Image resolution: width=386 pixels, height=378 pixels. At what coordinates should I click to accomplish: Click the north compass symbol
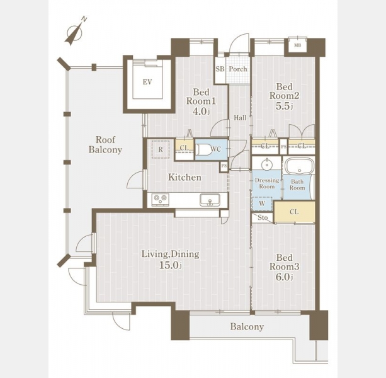[76, 32]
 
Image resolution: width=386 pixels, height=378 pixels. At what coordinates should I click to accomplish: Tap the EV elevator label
[147, 82]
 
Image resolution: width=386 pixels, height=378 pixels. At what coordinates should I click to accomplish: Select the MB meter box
[298, 45]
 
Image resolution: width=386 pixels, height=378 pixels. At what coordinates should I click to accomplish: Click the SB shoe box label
[220, 69]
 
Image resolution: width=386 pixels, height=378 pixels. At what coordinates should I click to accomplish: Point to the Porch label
[238, 69]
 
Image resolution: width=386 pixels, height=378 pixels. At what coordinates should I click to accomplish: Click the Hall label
[240, 118]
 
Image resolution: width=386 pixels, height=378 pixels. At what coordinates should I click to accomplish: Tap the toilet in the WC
[203, 149]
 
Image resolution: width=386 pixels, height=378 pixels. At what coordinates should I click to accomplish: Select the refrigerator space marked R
[161, 149]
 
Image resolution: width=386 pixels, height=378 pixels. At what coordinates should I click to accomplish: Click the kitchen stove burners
[161, 200]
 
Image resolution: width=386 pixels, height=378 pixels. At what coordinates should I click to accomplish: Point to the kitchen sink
[210, 200]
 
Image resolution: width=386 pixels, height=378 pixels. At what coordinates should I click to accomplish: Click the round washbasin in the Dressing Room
[266, 164]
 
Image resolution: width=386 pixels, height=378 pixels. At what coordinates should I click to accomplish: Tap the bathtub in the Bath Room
[299, 166]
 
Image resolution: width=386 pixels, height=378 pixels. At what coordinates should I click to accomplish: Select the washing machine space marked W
[262, 203]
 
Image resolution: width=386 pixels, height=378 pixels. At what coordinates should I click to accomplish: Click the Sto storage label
[263, 218]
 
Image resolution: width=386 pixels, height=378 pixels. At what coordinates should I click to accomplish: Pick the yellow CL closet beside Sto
[295, 212]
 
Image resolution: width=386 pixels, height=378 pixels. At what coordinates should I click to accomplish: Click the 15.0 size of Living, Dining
[171, 265]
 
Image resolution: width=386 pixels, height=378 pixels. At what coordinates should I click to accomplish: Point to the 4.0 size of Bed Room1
[201, 112]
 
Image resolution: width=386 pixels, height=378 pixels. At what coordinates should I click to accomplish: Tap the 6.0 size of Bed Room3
[285, 277]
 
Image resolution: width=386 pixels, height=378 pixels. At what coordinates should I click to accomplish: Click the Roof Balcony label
[105, 145]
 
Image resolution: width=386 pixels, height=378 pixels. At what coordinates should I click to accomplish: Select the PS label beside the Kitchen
[224, 166]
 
